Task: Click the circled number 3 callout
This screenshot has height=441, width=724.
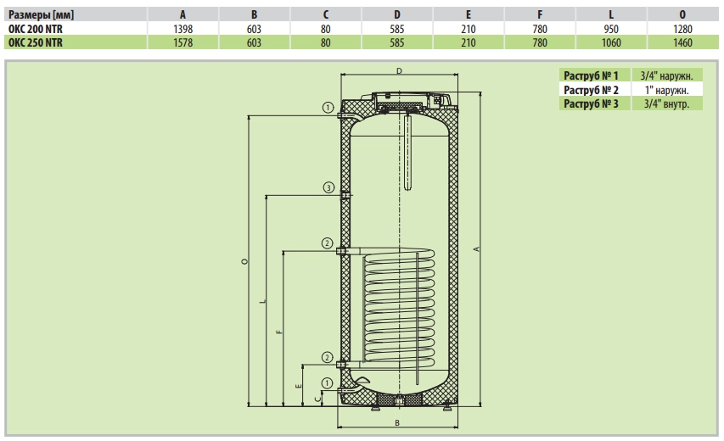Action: tap(328, 187)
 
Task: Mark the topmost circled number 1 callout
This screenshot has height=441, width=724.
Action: tap(328, 108)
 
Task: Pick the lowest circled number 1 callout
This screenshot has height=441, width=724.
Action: tap(328, 382)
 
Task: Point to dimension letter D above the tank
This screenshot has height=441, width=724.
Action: tap(398, 72)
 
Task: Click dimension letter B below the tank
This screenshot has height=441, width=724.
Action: tap(397, 421)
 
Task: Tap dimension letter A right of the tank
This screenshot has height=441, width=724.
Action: tap(477, 248)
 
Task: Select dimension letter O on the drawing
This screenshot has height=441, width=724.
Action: tap(244, 263)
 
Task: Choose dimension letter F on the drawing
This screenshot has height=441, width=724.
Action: tap(279, 331)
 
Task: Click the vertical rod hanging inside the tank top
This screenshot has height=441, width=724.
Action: tap(407, 153)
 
